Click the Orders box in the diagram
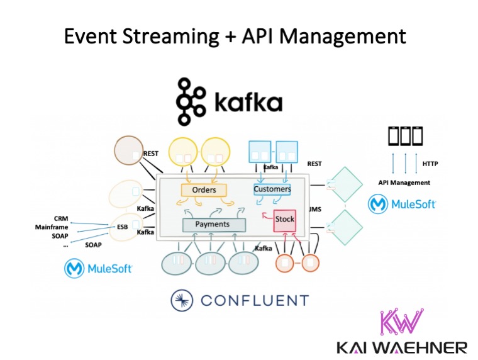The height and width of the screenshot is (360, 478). pos(203,190)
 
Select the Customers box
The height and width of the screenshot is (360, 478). pos(272,189)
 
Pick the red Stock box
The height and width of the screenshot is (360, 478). pos(284,220)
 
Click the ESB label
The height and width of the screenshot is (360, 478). pos(122,227)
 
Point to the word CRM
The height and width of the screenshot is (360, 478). pos(62,218)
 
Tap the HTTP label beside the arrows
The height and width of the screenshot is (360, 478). pos(431,164)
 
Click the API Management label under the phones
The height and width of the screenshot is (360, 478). pos(404,183)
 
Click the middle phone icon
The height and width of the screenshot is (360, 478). pos(404,135)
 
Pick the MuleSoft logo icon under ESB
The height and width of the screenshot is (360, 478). pos(74,269)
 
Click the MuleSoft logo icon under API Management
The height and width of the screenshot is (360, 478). pos(379,205)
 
